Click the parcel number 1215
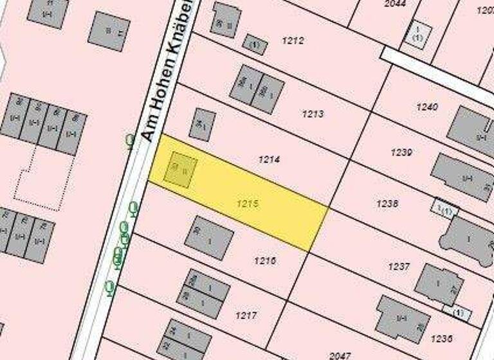(x=247, y=203)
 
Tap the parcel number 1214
(x=269, y=158)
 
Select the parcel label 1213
(x=313, y=114)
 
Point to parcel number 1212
(x=293, y=40)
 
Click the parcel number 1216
(x=265, y=260)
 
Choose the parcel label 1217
(x=246, y=315)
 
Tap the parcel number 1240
(x=426, y=107)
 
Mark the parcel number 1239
(x=401, y=152)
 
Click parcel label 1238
(x=387, y=203)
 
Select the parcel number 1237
(x=399, y=265)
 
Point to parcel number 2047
(x=340, y=354)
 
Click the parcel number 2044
(x=396, y=4)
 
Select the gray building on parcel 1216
(x=208, y=238)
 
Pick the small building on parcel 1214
(x=202, y=125)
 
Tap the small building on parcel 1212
(x=255, y=44)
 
